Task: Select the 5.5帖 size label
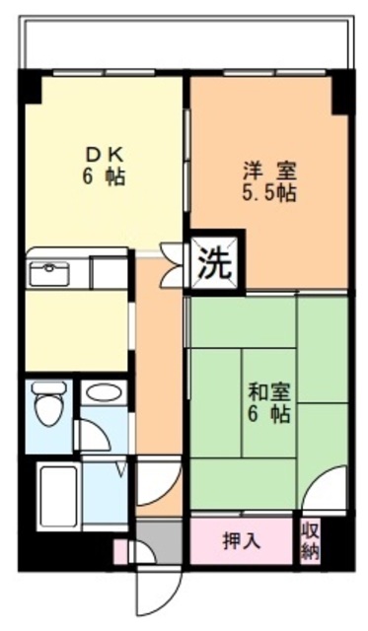270,192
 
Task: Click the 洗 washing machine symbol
216,262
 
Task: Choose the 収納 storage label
311,541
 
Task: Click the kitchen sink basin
46,273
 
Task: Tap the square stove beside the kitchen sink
110,272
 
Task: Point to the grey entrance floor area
159,540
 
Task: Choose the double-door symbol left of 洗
174,264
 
